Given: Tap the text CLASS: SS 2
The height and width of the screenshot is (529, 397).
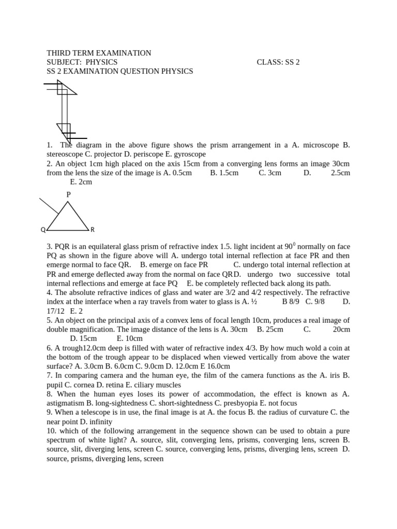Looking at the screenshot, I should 278,62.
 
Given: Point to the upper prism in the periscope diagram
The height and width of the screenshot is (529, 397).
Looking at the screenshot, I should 65,89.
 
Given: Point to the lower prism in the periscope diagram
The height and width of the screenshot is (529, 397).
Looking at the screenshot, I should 64,130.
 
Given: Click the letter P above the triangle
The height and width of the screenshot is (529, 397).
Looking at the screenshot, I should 68,194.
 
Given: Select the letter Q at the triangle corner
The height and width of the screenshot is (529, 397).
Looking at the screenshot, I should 43,229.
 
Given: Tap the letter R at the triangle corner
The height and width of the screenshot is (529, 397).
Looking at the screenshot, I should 93,229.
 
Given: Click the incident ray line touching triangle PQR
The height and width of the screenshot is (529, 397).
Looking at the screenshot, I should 49,206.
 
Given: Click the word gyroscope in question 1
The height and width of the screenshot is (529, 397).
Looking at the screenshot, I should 188,154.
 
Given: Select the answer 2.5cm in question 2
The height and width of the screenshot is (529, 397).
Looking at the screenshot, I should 340,173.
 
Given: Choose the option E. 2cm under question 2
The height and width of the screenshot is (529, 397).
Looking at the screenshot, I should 81,182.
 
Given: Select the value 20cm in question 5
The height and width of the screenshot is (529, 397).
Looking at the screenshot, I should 341,329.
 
